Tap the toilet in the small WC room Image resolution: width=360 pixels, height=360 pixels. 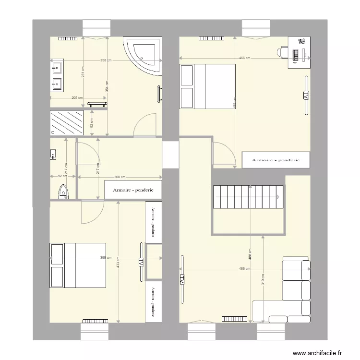[62, 191]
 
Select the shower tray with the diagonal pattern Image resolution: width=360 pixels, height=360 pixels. [67, 123]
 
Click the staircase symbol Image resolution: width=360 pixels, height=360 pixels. [248, 197]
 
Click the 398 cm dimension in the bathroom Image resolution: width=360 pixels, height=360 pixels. [106, 60]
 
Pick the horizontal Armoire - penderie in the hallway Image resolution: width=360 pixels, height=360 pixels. [133, 190]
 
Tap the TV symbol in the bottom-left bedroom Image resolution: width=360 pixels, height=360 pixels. [141, 262]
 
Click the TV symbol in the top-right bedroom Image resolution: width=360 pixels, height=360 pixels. [305, 96]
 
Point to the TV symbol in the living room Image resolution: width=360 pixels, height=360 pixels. [182, 279]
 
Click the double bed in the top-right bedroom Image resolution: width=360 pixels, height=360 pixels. [207, 87]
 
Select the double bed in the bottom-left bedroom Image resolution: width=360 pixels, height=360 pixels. [77, 265]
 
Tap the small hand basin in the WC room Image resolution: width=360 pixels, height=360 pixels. [53, 154]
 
